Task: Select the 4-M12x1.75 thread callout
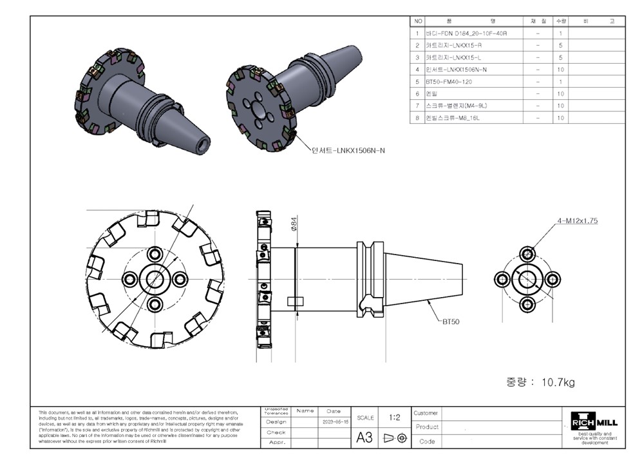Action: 578,220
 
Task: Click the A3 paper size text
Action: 364,438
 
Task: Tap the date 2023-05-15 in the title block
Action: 335,421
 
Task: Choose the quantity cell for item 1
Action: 560,33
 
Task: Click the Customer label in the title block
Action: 426,412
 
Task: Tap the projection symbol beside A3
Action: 395,438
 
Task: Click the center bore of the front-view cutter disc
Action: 155,278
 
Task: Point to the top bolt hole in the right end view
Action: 527,253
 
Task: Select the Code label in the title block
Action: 426,441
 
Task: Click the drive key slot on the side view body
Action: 294,301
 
